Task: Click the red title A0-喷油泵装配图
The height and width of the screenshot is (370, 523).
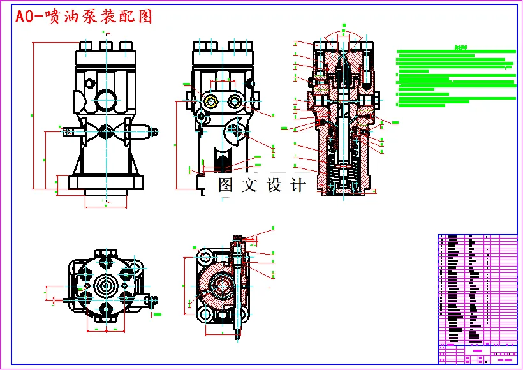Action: (84, 17)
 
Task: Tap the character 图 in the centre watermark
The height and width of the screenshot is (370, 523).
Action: (226, 186)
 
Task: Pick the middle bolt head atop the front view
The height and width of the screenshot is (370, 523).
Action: (106, 46)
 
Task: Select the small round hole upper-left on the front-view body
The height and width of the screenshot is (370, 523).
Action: (91, 84)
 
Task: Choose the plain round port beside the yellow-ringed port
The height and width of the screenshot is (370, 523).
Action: (234, 102)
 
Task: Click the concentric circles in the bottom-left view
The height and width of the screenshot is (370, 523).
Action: (107, 282)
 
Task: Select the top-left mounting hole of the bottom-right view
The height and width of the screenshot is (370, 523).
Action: (205, 258)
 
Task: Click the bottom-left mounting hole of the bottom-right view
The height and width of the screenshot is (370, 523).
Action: (205, 317)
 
